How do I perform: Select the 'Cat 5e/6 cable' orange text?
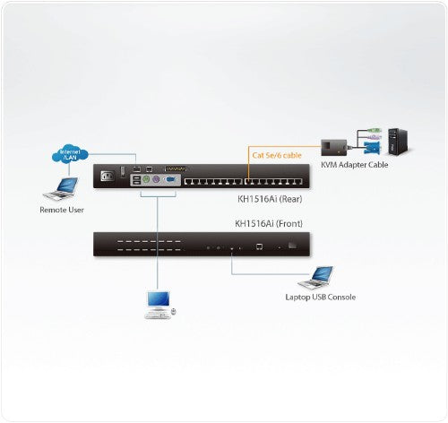click(276, 154)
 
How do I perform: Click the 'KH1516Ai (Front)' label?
click(270, 225)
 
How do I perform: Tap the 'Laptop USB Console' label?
click(320, 297)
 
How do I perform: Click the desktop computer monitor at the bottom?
click(157, 301)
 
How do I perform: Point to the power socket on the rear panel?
click(111, 176)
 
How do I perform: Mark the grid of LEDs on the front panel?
click(143, 245)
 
